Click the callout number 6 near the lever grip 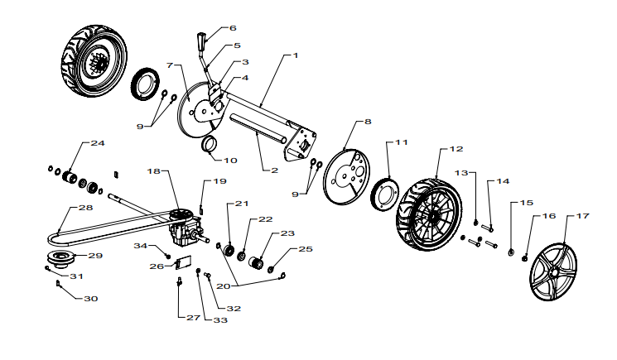coord(233,28)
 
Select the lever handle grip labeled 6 coord(200,41)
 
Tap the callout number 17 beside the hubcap coord(583,216)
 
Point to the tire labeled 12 coord(429,215)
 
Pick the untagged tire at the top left coord(94,61)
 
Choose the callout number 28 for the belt coord(86,208)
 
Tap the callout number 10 coord(230,161)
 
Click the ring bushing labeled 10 coord(209,143)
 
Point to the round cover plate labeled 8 coord(346,176)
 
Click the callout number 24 coord(98,143)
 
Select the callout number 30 coord(91,299)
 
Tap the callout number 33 coord(220,320)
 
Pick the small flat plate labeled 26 coord(182,262)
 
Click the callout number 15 coord(527,203)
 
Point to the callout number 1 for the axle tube coord(296,55)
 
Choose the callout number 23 coord(287,233)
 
